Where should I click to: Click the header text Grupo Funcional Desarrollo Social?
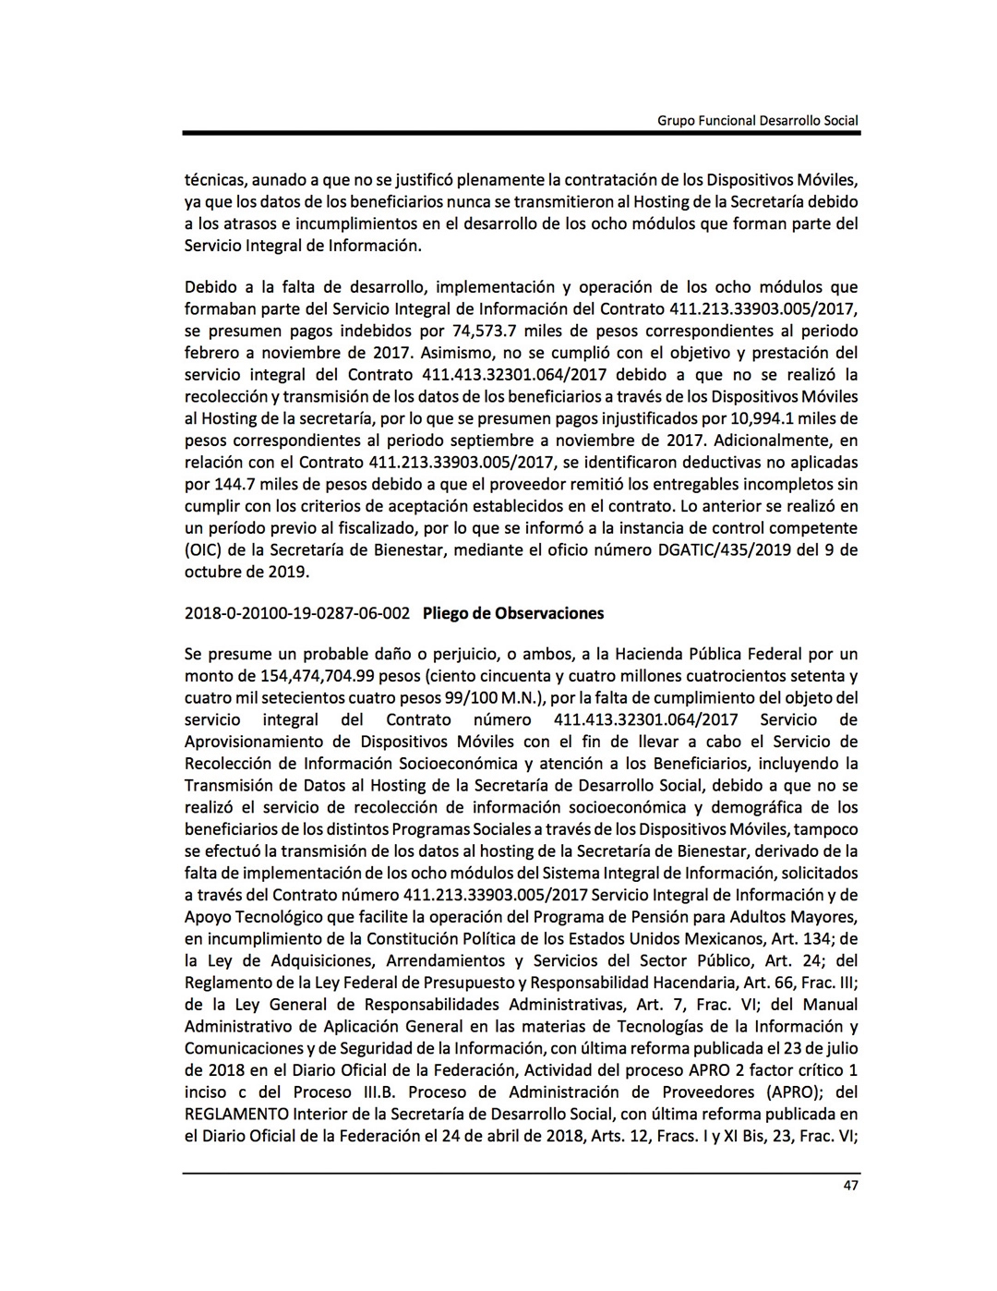coord(757,120)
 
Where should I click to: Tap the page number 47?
coord(850,1186)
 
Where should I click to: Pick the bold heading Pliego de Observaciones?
coord(513,613)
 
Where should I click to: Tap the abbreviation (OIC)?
coord(203,550)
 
